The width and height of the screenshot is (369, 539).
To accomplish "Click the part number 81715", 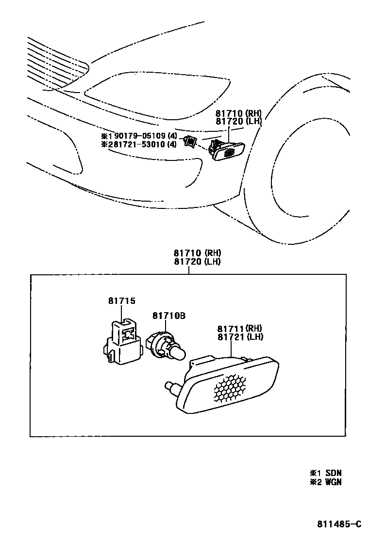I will [121, 301].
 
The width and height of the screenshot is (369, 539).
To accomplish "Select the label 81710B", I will [169, 316].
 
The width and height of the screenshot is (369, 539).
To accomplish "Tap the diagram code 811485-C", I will [339, 523].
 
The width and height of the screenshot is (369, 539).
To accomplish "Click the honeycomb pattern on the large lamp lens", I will [230, 388].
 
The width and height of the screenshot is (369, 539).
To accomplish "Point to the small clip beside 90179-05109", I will [189, 142].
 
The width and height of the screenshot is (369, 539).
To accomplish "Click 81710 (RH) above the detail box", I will [197, 253].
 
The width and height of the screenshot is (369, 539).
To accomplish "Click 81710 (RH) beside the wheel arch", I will [238, 113].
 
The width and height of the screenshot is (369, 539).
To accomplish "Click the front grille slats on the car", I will [53, 61].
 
